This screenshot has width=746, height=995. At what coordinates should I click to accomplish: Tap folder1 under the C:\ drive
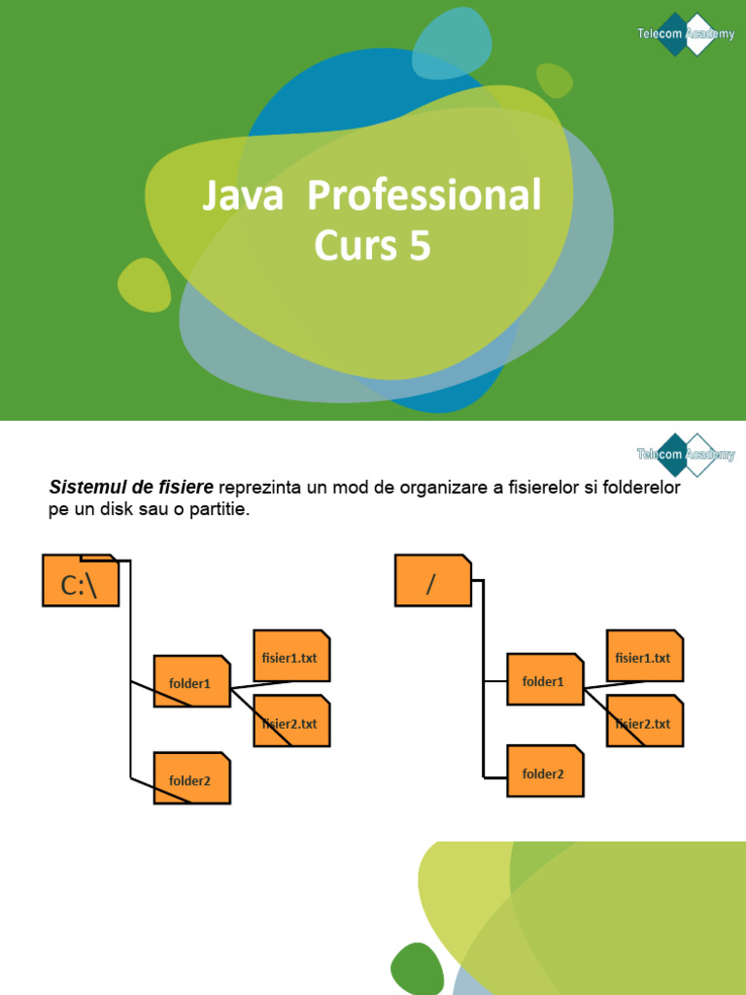pos(191,682)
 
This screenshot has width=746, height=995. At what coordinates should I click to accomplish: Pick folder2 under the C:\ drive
pos(191,778)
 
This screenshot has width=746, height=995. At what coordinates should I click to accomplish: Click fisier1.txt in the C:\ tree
pos(291,657)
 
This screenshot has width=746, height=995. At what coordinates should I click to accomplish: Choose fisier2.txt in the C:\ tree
pos(291,722)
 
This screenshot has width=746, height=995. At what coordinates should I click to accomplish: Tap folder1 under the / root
pos(545,681)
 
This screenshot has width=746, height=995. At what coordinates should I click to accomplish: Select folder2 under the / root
pos(545,772)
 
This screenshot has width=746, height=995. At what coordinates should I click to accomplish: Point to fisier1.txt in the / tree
pos(644,657)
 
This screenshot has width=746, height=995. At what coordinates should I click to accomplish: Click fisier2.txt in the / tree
pos(644,722)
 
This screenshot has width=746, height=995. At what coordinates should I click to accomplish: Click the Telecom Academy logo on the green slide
pos(686,34)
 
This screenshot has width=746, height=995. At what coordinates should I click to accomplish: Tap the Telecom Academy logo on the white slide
pos(686,454)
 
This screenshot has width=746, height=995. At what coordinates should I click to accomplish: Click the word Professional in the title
pos(424,196)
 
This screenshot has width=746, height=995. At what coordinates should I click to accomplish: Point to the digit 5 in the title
pos(420,247)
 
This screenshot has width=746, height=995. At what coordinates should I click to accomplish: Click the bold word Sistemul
pos(84,487)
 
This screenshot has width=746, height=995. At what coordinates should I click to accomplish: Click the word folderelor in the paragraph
pos(642,487)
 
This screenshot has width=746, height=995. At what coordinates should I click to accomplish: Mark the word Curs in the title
pos(355,247)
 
